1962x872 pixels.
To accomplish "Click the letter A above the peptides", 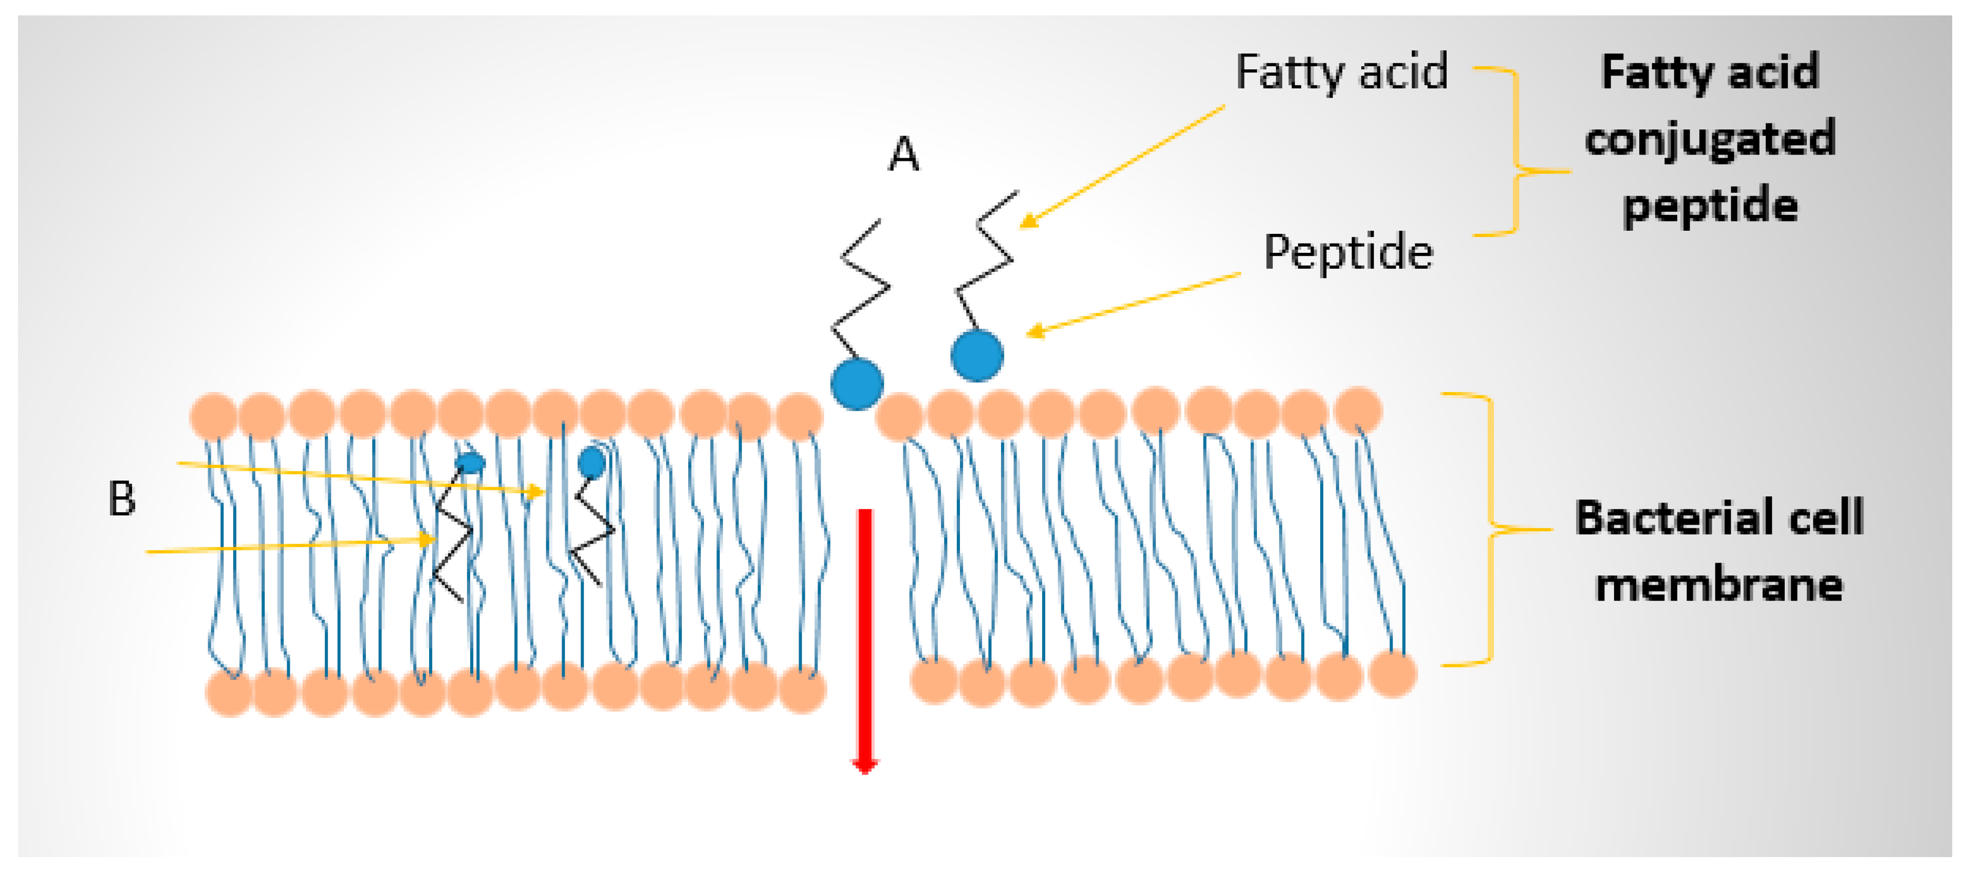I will click(x=904, y=155).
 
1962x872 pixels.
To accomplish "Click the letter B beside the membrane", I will click(x=122, y=499).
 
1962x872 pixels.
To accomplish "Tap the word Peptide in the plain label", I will click(x=1348, y=253).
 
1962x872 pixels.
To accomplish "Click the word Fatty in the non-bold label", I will click(x=1289, y=73).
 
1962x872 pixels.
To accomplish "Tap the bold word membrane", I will click(x=1719, y=585).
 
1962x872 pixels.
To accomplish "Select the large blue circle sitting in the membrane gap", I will click(x=857, y=384).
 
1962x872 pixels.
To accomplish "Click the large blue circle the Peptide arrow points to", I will click(x=976, y=355).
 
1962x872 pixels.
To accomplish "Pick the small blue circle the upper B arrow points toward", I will click(x=592, y=462).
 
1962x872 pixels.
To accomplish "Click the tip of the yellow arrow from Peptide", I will click(x=1030, y=333).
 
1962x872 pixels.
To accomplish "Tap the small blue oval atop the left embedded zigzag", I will click(x=470, y=462).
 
